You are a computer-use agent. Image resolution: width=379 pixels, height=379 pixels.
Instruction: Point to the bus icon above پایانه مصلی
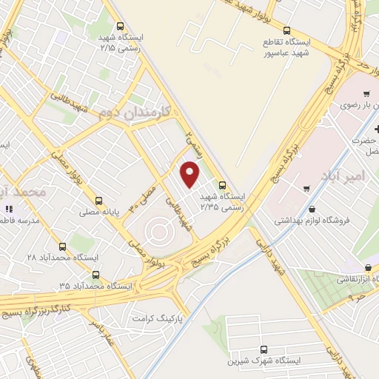click(99, 200)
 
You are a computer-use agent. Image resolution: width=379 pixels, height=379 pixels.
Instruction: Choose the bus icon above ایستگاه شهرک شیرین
click(264, 349)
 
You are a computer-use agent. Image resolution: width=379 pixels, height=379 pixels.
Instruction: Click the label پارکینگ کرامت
click(158, 318)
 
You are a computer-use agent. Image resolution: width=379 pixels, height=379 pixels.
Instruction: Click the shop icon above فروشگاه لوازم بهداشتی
click(310, 209)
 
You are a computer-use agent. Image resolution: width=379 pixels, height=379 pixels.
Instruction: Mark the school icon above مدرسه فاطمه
click(9, 209)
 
